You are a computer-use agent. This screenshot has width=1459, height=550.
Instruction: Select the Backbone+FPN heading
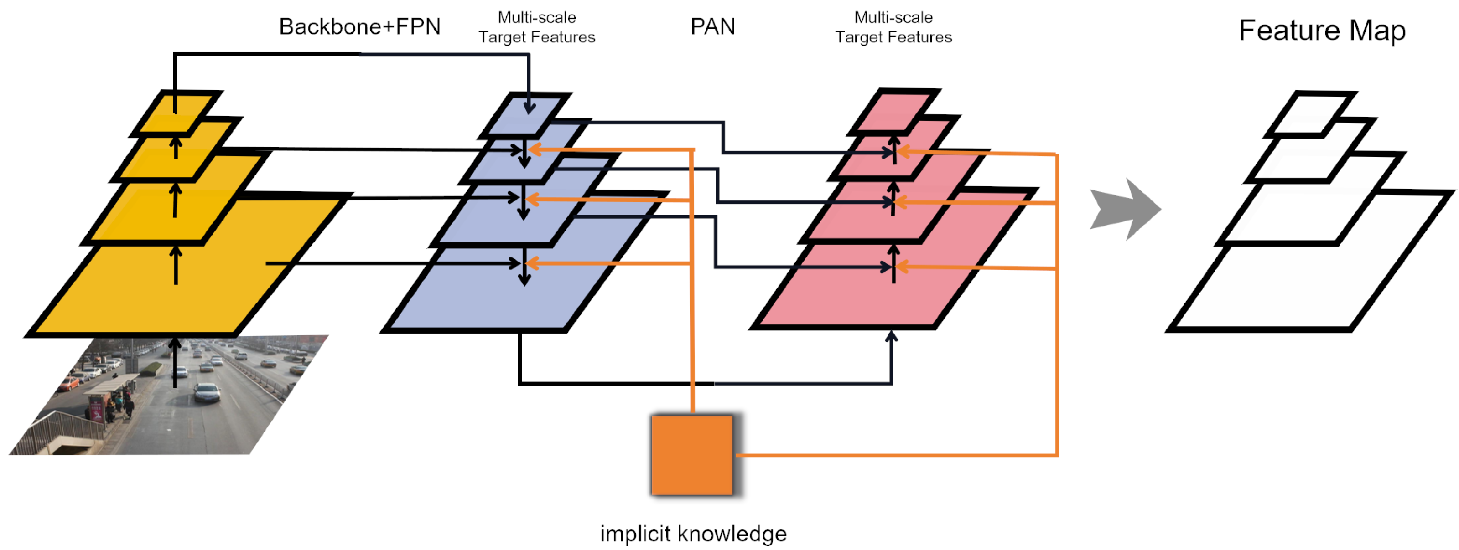[360, 26]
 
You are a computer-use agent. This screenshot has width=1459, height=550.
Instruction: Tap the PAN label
[712, 26]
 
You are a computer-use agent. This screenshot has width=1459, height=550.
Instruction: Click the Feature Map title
[1321, 30]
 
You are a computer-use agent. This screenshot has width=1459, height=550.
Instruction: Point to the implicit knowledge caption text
[693, 533]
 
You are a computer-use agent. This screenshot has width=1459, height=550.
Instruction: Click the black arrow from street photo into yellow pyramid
[176, 362]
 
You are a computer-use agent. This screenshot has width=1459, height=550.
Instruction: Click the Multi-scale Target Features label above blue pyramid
[536, 27]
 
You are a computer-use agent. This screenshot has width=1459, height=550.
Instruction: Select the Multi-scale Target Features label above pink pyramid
[893, 27]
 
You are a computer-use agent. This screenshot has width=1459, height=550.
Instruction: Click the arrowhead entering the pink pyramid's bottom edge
[892, 336]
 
